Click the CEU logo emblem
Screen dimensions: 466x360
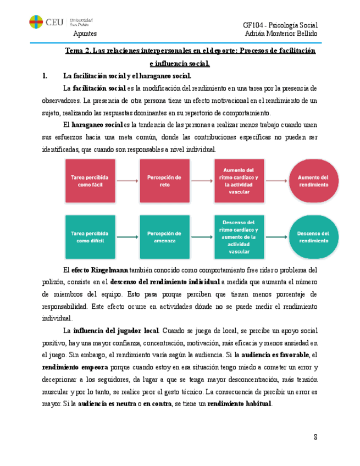point(36,23)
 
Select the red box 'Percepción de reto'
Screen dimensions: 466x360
point(164,181)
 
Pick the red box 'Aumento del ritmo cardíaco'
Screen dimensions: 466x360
point(237,181)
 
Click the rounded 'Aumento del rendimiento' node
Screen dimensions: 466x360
point(313,181)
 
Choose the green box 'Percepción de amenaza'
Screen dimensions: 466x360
point(164,237)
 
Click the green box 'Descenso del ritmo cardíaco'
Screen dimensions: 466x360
point(237,237)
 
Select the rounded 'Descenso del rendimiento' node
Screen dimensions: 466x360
point(313,237)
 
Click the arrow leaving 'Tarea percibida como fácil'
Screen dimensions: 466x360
point(128,181)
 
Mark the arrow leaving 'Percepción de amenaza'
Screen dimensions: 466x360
point(201,237)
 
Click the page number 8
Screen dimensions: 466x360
point(316,437)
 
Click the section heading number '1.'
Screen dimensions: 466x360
point(46,76)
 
